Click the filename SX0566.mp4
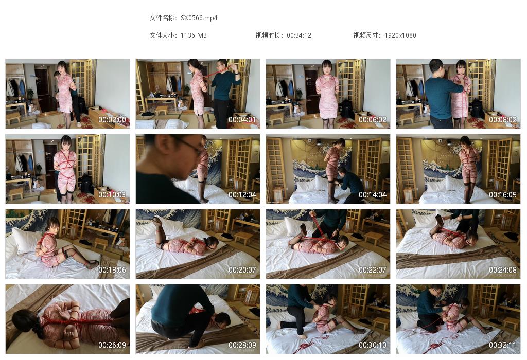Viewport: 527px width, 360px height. click(x=199, y=18)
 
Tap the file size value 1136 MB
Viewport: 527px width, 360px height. click(x=194, y=35)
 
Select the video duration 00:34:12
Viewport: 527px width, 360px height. click(x=299, y=35)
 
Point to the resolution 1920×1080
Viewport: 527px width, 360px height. click(x=400, y=35)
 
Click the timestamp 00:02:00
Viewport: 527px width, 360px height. click(x=112, y=119)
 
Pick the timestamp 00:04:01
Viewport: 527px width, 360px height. click(x=242, y=119)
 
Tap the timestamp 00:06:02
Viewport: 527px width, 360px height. click(x=373, y=119)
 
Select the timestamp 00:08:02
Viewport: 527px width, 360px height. click(x=502, y=119)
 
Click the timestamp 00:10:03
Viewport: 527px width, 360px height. click(x=112, y=195)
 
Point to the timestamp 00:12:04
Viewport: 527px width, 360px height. click(x=242, y=195)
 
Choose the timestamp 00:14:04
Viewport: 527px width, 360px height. click(x=373, y=195)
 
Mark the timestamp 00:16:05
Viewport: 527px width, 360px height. click(x=502, y=195)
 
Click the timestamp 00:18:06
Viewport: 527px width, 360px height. click(x=112, y=269)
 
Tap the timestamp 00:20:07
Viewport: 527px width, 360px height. click(x=242, y=269)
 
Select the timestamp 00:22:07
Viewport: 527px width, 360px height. click(x=373, y=269)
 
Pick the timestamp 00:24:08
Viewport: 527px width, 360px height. click(x=502, y=269)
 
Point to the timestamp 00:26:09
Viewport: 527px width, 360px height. click(x=112, y=345)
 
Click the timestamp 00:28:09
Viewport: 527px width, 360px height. click(x=242, y=345)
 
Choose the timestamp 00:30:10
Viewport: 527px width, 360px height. click(x=373, y=345)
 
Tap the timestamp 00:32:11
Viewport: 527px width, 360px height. click(x=502, y=345)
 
